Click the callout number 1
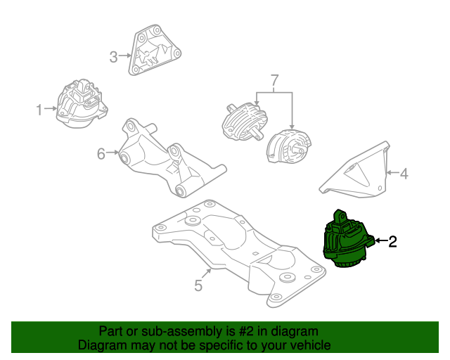pyautogui.click(x=39, y=109)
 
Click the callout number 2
pyautogui.click(x=392, y=243)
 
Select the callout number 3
pyautogui.click(x=114, y=56)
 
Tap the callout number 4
pyautogui.click(x=404, y=172)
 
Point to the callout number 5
pyautogui.click(x=198, y=285)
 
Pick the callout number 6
pyautogui.click(x=101, y=153)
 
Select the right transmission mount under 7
pyautogui.click(x=288, y=146)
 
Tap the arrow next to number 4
pyautogui.click(x=392, y=172)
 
